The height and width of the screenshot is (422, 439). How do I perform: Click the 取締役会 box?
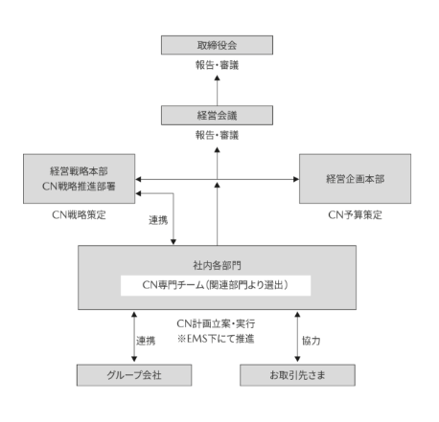coord(217,45)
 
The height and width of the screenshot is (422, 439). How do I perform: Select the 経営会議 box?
coord(217,115)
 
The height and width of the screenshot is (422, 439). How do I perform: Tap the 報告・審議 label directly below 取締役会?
coord(217,65)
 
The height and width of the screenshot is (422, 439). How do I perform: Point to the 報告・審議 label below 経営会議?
coord(217,135)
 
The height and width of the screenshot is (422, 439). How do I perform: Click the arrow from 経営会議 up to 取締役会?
coord(218,91)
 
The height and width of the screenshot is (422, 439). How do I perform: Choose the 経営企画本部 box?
coord(355,179)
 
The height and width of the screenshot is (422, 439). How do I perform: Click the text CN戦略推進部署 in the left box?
coord(79,187)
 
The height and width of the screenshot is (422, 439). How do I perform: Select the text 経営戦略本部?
coord(79,171)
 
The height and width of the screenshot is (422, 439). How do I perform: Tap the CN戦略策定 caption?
coord(79,215)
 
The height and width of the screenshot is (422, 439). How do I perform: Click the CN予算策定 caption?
coord(355,215)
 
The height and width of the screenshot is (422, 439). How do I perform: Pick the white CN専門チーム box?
coord(216,285)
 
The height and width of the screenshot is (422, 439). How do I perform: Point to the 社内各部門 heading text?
coord(217,265)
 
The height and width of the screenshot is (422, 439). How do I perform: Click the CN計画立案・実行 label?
coord(216,323)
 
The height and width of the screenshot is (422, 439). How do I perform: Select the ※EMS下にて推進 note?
coord(216,339)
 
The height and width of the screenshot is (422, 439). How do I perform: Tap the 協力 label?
coord(311,341)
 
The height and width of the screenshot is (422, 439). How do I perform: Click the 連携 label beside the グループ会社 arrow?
coord(146,341)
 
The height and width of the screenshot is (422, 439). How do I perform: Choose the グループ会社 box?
coord(134,375)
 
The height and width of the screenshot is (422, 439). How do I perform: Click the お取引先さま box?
coord(297,375)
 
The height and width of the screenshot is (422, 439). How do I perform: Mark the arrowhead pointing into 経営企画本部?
coord(296,179)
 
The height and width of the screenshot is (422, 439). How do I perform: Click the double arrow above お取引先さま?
coord(297,337)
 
